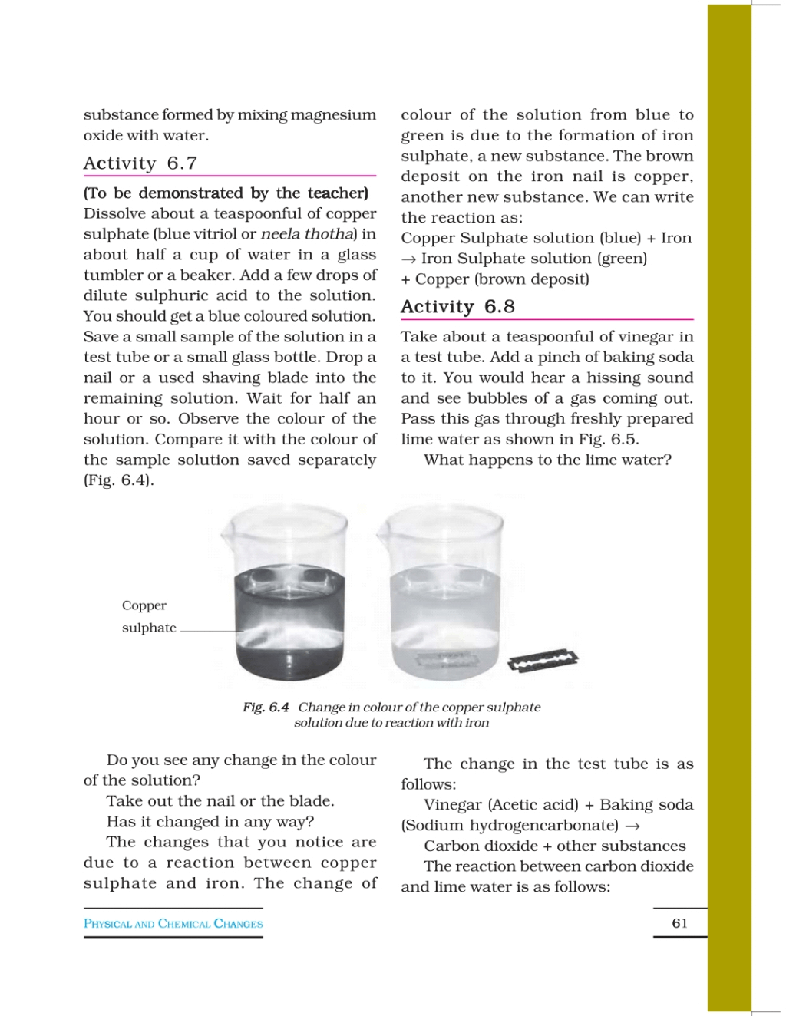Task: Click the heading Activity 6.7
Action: (x=140, y=163)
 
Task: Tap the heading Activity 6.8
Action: (x=457, y=307)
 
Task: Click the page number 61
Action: (x=679, y=923)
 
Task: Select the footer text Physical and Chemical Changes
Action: (x=173, y=924)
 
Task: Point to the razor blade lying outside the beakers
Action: (x=543, y=660)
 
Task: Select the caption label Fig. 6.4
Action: (x=266, y=707)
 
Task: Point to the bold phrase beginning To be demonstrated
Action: (x=226, y=193)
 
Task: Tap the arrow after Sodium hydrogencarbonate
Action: (x=632, y=826)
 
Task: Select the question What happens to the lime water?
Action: (x=547, y=460)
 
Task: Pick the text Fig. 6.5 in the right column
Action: (x=610, y=440)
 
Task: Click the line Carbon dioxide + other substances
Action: (x=554, y=846)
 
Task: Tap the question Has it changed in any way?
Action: (x=210, y=822)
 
